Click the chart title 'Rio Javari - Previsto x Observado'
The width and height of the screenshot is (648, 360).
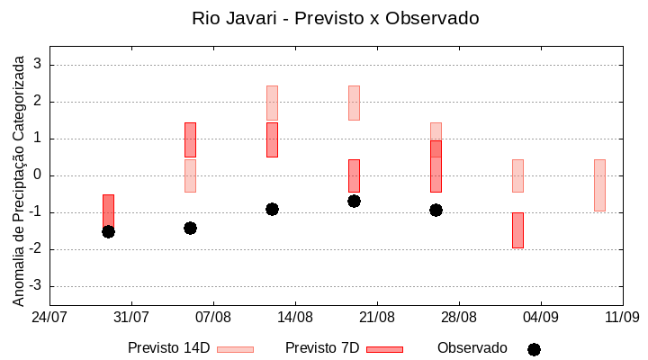tap(336, 18)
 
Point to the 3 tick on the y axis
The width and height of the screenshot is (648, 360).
tap(38, 65)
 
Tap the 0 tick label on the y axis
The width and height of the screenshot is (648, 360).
tap(38, 175)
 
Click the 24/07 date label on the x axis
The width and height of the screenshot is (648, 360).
tap(49, 317)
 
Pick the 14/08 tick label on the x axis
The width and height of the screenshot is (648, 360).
tap(295, 317)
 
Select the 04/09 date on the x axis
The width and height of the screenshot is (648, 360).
tap(541, 317)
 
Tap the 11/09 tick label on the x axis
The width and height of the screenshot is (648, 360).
tap(622, 317)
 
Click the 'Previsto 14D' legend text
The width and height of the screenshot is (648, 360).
tap(168, 348)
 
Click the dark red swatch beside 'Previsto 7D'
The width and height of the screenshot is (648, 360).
tap(384, 349)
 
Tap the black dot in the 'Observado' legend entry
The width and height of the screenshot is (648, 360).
tap(534, 349)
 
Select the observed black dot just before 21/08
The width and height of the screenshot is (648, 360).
tap(354, 201)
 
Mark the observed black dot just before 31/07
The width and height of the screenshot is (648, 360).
tap(108, 231)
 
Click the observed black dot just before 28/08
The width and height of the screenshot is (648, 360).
tap(436, 210)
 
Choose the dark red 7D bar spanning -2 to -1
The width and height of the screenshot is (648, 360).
tap(517, 230)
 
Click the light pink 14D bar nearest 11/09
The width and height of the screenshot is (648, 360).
tap(599, 185)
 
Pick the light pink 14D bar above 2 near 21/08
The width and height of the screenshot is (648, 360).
tap(354, 103)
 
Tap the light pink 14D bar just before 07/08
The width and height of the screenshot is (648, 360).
tap(190, 175)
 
